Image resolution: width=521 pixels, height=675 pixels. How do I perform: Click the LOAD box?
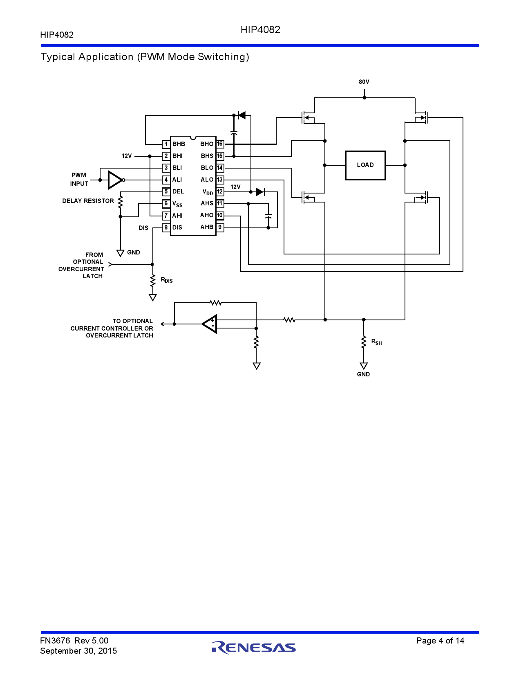[x=365, y=165]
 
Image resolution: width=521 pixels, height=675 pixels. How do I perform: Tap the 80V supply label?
[x=364, y=82]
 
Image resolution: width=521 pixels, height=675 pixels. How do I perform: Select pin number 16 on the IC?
[x=220, y=144]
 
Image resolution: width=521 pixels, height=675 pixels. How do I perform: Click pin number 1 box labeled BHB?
[x=166, y=144]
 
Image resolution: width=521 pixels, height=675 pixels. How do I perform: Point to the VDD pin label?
[x=208, y=192]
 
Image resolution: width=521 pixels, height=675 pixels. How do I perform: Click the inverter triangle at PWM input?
[x=115, y=180]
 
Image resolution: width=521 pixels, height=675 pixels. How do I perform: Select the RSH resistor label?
[x=376, y=342]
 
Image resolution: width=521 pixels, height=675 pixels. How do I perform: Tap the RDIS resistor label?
[x=167, y=280]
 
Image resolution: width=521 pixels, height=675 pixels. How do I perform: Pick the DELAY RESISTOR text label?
[x=88, y=201]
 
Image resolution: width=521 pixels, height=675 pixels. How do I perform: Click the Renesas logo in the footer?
[x=254, y=647]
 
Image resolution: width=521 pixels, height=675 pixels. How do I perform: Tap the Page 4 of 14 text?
[x=440, y=641]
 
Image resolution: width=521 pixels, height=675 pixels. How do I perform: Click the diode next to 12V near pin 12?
[x=260, y=192]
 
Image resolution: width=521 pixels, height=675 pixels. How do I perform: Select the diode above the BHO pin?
[x=241, y=116]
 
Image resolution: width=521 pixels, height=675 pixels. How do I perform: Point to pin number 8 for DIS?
[x=166, y=227]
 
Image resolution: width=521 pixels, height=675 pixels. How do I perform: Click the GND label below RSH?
[x=363, y=374]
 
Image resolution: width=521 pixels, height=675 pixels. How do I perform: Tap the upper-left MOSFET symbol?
[x=307, y=118]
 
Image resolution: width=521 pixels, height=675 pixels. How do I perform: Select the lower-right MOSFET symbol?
[x=422, y=198]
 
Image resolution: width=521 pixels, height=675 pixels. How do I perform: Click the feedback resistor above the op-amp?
[x=215, y=303]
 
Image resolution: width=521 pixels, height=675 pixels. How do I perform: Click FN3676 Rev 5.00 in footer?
[x=74, y=641]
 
